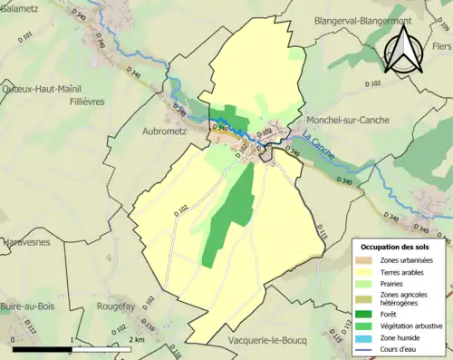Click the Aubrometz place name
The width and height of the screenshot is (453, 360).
pyautogui.click(x=146, y=131)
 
